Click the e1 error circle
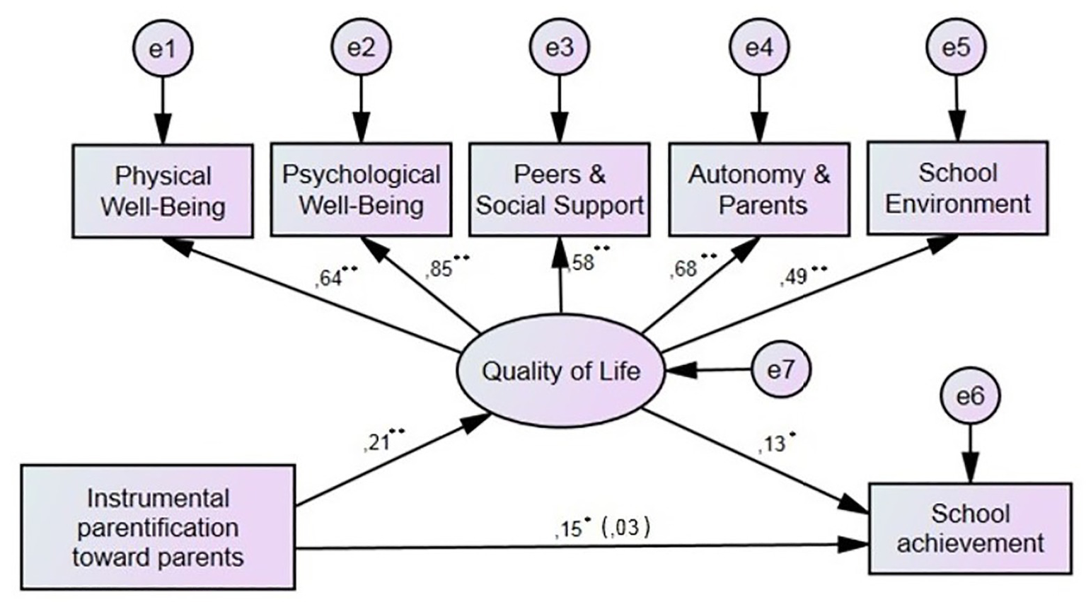pos(163,48)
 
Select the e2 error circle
pos(362,47)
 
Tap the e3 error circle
pos(560,47)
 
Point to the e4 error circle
pos(759,47)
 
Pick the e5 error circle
pos(957,47)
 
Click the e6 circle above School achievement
pos(970,396)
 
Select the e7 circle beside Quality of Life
pos(780,369)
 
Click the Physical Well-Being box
pos(163,191)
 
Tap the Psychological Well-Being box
pos(362,190)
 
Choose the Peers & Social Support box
pos(560,190)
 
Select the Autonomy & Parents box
pos(759,190)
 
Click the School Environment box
pos(957,188)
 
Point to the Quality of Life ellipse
pos(560,371)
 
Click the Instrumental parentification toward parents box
pos(158,527)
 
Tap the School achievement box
pos(970,528)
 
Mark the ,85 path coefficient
pos(440,270)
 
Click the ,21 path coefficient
pos(376,443)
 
